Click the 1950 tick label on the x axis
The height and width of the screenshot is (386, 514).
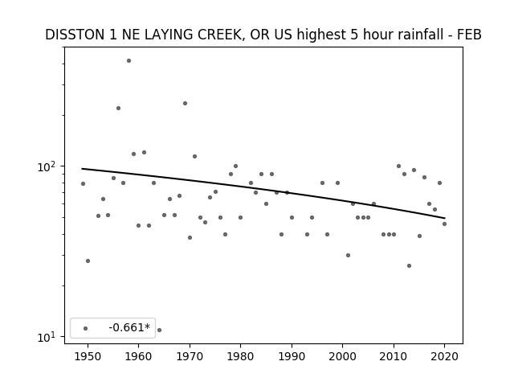(88, 356)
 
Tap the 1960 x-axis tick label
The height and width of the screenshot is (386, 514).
(138, 356)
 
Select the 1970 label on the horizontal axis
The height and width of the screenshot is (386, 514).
(190, 356)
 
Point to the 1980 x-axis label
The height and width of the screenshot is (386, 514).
(240, 356)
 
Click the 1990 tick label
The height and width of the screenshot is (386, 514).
(292, 356)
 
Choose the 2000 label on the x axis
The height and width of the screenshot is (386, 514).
(342, 356)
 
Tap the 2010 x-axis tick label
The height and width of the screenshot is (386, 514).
(394, 356)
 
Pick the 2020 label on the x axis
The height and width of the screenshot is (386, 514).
(444, 356)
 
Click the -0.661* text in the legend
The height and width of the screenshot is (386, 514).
(129, 327)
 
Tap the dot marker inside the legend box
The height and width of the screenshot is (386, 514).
(86, 328)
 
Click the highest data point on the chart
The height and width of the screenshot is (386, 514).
(128, 61)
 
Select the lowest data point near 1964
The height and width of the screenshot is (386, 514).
(159, 330)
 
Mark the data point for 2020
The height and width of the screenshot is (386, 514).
(444, 224)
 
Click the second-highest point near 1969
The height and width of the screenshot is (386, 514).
(185, 104)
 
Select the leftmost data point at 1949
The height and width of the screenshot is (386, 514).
(83, 184)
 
